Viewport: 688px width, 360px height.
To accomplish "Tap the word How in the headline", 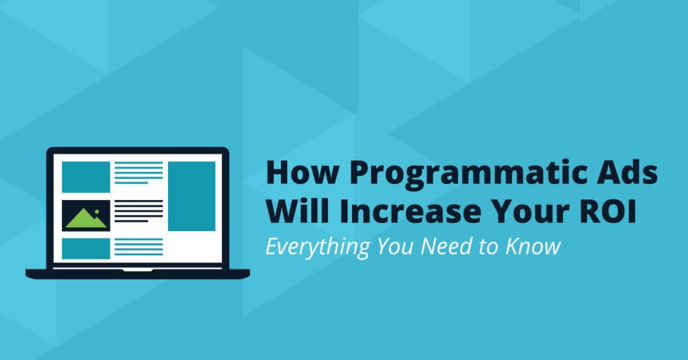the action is pyautogui.click(x=302, y=172).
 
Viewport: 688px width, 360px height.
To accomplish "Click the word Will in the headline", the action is pyautogui.click(x=298, y=211).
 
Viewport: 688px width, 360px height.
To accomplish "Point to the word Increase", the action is pyautogui.click(x=410, y=212).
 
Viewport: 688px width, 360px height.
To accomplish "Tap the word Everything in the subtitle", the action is pyautogui.click(x=318, y=247).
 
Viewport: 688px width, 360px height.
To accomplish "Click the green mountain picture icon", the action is pyautogui.click(x=86, y=216).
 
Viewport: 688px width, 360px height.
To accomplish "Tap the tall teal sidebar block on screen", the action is pyautogui.click(x=191, y=196).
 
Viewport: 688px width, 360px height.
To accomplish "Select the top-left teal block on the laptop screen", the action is pyautogui.click(x=86, y=177).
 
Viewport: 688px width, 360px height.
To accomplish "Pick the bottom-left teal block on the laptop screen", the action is pyautogui.click(x=86, y=249).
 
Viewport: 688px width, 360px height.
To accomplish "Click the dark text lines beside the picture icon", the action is pyautogui.click(x=138, y=212).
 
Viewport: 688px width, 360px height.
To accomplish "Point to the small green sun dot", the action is pyautogui.click(x=97, y=212).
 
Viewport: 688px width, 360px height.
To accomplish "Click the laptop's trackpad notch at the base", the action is pyautogui.click(x=137, y=270).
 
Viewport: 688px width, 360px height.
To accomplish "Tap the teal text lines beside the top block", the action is pyautogui.click(x=138, y=173).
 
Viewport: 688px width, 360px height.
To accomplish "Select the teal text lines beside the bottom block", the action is pyautogui.click(x=138, y=247).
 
